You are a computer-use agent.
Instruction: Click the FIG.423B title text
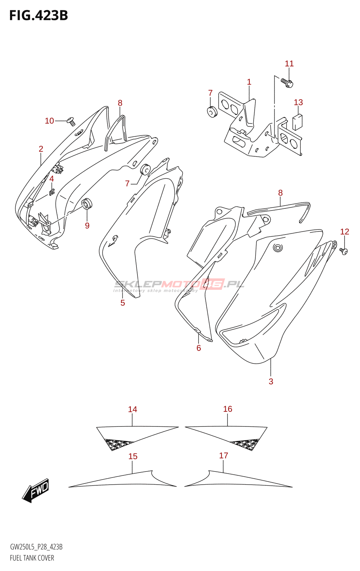(39, 15)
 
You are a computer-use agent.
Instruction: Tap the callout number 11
(289, 64)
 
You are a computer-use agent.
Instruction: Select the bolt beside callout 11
(287, 83)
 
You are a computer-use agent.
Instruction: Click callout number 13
(298, 102)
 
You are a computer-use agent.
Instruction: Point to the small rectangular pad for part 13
(297, 122)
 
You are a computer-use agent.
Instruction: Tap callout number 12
(344, 232)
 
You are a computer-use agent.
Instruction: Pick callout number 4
(51, 179)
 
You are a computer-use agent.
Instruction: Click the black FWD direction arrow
(36, 490)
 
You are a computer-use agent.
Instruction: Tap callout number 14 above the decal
(132, 409)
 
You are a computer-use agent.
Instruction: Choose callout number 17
(224, 456)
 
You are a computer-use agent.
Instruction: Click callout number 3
(271, 381)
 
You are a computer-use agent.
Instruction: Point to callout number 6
(199, 348)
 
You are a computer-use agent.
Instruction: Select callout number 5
(122, 303)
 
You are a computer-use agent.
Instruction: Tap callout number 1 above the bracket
(249, 82)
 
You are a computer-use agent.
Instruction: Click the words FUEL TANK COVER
(32, 558)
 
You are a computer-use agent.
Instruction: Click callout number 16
(227, 409)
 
